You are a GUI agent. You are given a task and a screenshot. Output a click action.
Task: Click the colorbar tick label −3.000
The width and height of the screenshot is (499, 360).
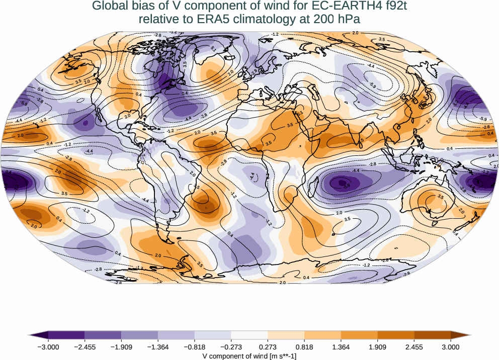click(49, 346)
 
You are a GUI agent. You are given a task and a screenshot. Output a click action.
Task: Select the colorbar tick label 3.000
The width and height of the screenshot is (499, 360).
click(450, 346)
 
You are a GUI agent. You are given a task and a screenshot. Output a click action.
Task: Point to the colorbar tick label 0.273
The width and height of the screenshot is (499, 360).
click(268, 346)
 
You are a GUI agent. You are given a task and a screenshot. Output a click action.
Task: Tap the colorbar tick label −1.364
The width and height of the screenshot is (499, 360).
click(158, 346)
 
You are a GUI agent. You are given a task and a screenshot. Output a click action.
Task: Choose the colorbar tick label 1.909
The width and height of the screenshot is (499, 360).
click(377, 346)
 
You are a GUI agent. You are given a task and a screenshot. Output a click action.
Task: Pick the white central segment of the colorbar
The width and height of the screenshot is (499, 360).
click(249, 335)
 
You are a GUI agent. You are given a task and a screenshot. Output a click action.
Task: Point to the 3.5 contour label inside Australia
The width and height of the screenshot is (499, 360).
click(440, 197)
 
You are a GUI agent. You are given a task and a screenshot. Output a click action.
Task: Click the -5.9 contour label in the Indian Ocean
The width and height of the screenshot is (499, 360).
click(347, 185)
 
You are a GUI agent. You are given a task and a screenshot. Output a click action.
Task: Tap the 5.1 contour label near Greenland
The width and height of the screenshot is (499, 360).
click(213, 49)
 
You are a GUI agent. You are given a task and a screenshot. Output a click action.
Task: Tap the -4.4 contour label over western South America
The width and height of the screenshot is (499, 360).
click(145, 201)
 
